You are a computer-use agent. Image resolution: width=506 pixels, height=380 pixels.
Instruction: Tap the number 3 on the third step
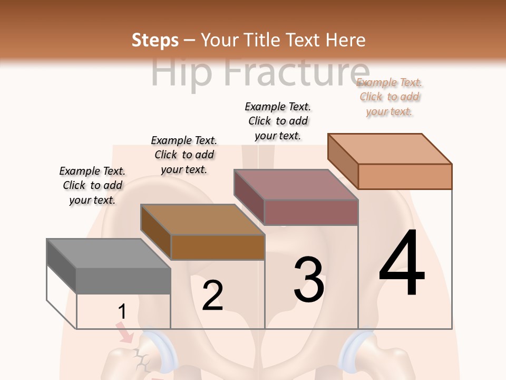click(x=308, y=279)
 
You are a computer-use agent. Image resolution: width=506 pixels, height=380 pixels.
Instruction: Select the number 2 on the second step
click(x=212, y=295)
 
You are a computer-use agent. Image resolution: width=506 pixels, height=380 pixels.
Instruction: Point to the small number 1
click(x=122, y=311)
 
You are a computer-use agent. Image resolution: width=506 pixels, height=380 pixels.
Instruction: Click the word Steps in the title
click(x=155, y=40)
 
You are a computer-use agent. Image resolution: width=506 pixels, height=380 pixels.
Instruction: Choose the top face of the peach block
click(x=390, y=149)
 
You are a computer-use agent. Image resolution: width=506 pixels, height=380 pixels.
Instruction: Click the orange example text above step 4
click(x=390, y=97)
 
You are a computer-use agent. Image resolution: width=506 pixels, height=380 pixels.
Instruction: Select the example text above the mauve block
click(x=278, y=121)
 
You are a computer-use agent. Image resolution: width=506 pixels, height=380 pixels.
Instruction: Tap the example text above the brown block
click(x=184, y=155)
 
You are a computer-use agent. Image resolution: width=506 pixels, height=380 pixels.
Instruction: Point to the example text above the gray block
click(x=92, y=185)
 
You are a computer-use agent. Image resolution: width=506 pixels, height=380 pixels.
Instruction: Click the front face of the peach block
click(x=405, y=176)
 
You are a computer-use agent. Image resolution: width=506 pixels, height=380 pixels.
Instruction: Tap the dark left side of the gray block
click(x=61, y=267)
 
